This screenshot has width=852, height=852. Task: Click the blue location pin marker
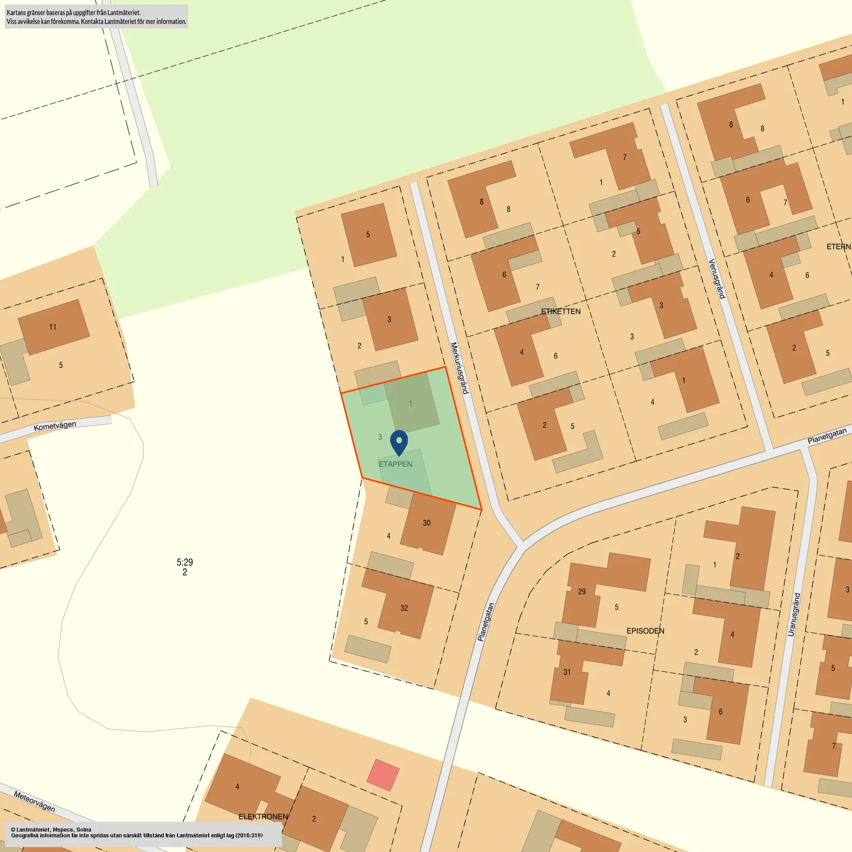point(399,441)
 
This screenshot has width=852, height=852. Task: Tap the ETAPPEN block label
point(396,464)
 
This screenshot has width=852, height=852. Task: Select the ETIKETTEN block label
point(561,311)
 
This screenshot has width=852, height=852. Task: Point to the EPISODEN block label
point(645,631)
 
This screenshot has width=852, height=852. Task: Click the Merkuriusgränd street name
point(459,368)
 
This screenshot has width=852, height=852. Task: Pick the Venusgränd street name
point(717,279)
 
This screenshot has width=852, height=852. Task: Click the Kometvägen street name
point(55,426)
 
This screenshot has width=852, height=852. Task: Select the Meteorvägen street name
point(35,801)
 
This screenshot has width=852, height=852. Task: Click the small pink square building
point(383,775)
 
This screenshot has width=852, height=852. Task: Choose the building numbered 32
point(404,608)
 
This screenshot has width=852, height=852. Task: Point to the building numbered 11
point(53,327)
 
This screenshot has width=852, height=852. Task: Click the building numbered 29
point(582,592)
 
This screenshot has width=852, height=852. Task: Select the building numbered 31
point(567,672)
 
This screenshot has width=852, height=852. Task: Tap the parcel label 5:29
point(184,562)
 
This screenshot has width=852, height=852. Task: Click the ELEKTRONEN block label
point(263,816)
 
